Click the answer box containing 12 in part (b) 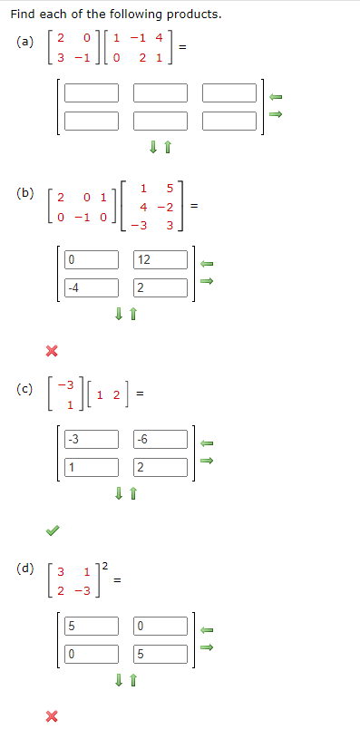(161, 260)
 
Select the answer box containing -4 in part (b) (91, 288)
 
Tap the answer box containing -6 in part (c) (161, 441)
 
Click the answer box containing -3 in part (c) (91, 441)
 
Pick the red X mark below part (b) (52, 350)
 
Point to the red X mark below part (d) (52, 716)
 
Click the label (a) (24, 42)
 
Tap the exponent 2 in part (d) (105, 567)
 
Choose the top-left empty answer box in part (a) (91, 92)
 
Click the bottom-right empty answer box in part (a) (230, 120)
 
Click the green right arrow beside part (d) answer (207, 647)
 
